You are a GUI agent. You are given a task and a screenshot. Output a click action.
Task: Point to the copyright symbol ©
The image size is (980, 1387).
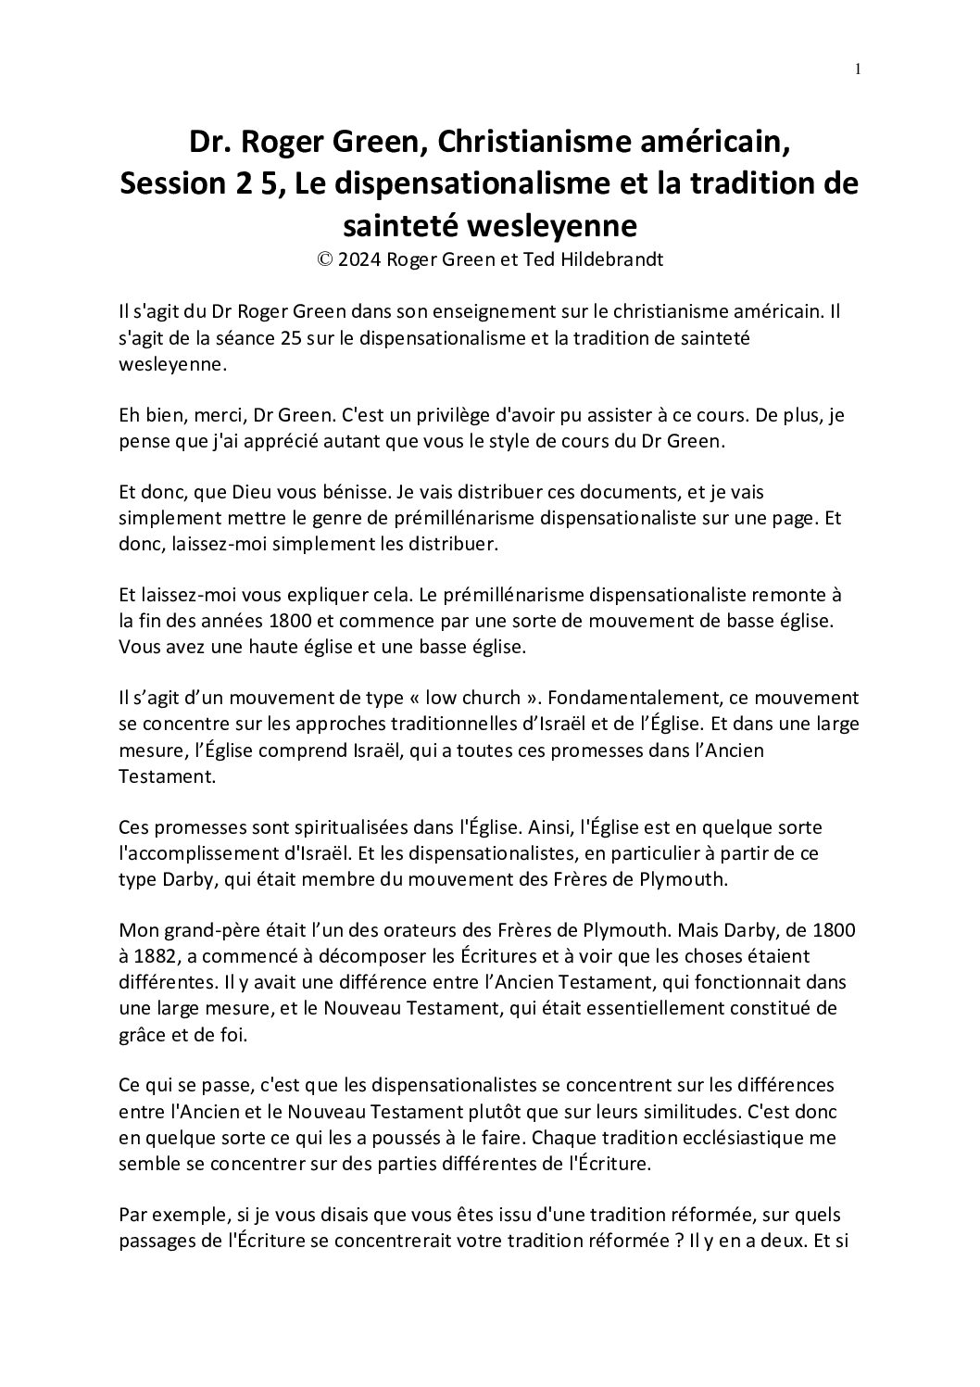[x=324, y=260]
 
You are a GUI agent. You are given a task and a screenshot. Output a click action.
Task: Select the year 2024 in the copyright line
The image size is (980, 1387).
[x=359, y=260]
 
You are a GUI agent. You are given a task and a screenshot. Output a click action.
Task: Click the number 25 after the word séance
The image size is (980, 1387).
[x=289, y=338]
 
